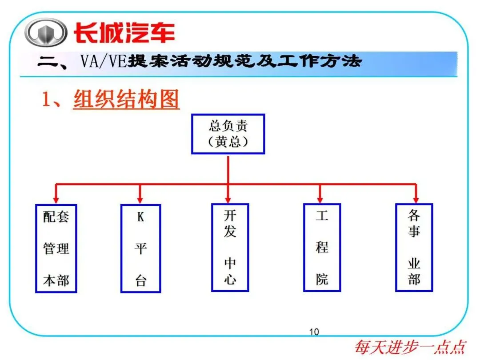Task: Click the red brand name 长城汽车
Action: point(124,32)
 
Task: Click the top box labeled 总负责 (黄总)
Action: point(228,134)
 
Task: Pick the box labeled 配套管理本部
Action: point(56,248)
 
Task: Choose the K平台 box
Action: point(140,248)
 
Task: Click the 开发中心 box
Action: point(230,248)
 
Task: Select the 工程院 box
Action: point(322,248)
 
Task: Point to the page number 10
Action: point(314,332)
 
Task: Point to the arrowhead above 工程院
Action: point(320,199)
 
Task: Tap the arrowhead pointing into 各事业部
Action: point(416,199)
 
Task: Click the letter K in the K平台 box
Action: point(140,217)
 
